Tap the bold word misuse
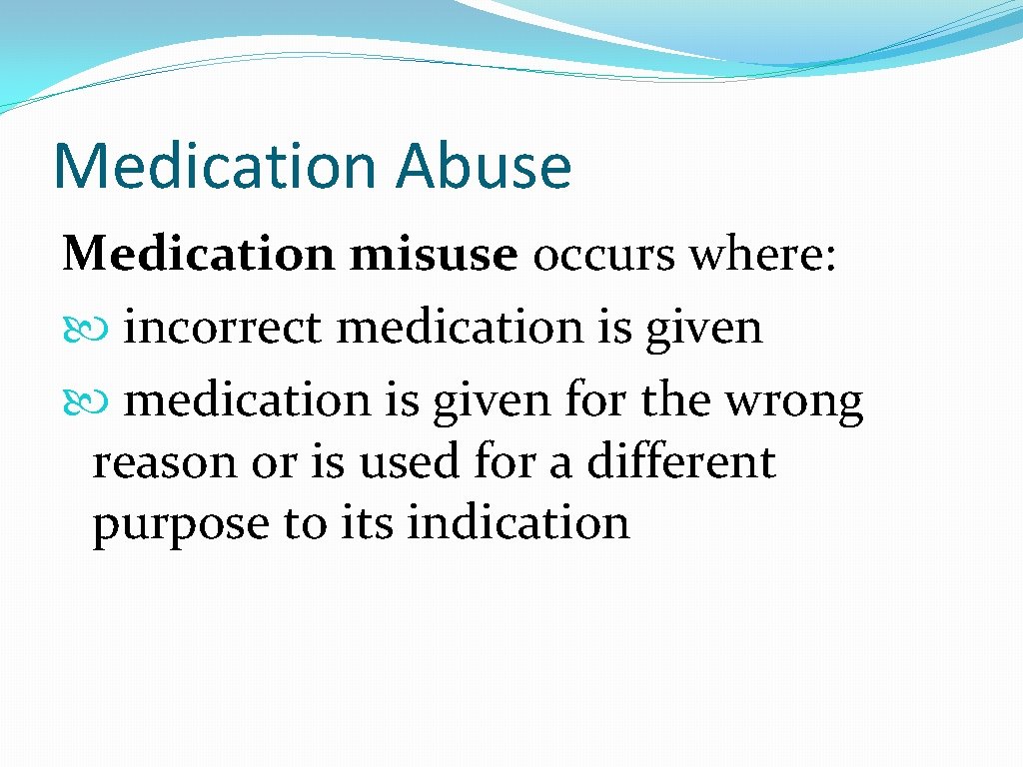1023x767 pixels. (434, 253)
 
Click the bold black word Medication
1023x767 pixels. (198, 253)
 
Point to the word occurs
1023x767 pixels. (604, 255)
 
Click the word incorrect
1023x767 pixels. (223, 327)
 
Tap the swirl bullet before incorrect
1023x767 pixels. (86, 330)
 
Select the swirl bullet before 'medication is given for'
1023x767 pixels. (86, 401)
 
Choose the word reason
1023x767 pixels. (165, 463)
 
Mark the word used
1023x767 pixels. (410, 460)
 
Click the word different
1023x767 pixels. (681, 460)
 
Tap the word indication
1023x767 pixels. (518, 521)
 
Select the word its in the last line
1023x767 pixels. (368, 522)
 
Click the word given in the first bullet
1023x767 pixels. (704, 330)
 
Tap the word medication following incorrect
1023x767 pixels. (460, 327)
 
